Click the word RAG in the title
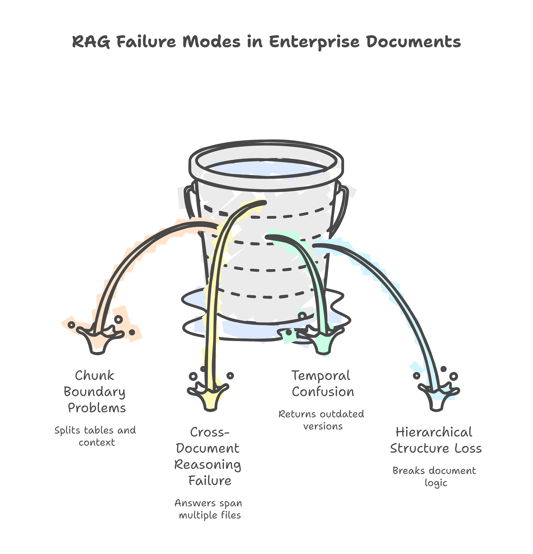coord(91,42)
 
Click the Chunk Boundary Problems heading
coord(95,392)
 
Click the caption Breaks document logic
coord(435,476)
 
